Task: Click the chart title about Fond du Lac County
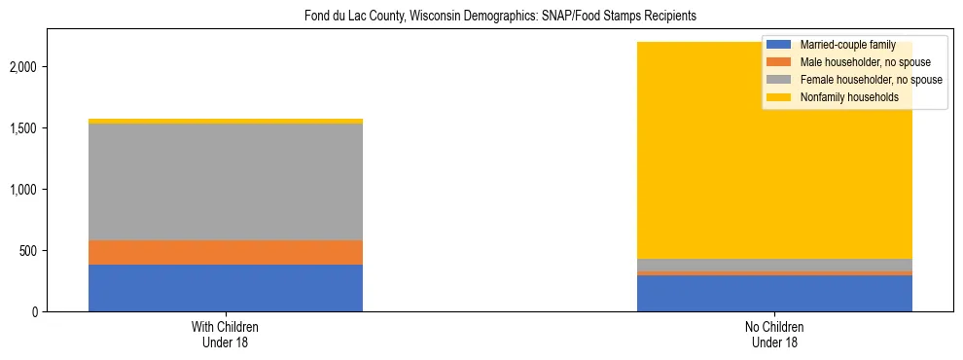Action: pyautogui.click(x=481, y=17)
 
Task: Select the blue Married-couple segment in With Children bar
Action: pyautogui.click(x=226, y=288)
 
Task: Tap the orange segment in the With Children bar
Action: pyautogui.click(x=226, y=252)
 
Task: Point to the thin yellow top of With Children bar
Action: pyautogui.click(x=226, y=122)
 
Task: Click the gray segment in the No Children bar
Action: pyautogui.click(x=774, y=265)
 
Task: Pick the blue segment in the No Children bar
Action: pyautogui.click(x=774, y=294)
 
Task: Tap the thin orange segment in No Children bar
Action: pyautogui.click(x=774, y=273)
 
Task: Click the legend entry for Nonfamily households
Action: pyautogui.click(x=848, y=97)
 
